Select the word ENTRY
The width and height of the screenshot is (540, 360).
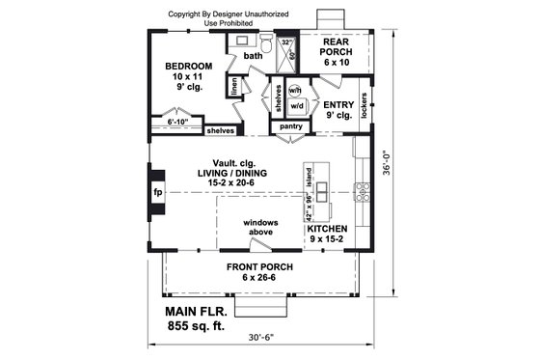pos(338,104)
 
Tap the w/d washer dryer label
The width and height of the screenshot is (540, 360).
pos(296,105)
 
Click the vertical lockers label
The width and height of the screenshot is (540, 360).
pos(364,111)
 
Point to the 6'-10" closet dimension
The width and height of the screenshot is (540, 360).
pos(176,123)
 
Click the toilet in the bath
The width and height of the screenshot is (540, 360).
pos(265,42)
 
